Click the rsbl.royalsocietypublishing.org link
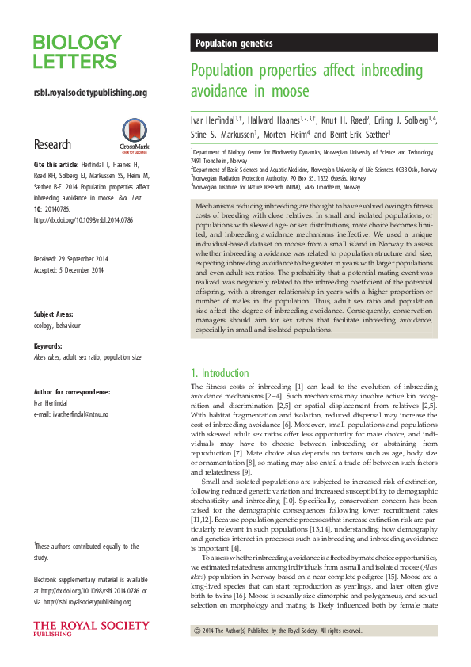coord(90,93)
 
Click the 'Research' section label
coord(52,145)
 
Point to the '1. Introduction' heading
coord(220,373)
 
